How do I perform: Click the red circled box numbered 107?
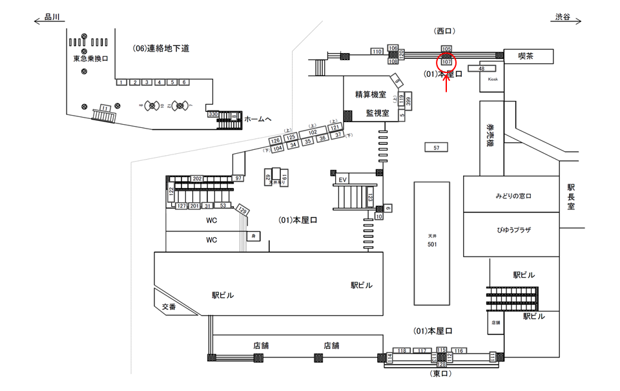pos(446,62)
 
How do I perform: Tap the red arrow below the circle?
pos(446,83)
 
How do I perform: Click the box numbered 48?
pos(482,68)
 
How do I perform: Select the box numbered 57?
pos(437,148)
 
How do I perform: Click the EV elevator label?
pos(343,179)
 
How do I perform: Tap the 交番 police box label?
pos(169,307)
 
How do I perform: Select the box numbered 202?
pos(198,178)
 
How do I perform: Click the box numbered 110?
pos(377,51)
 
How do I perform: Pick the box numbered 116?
pos(459,350)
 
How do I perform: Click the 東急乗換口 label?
pos(90,58)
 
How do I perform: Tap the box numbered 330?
pos(213,114)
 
